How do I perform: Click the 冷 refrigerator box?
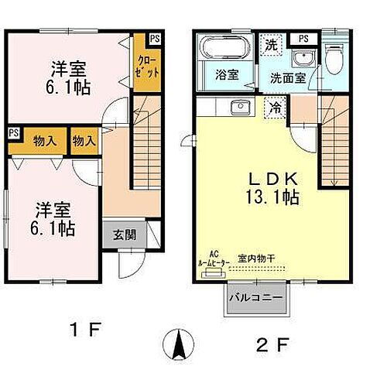(x=276, y=108)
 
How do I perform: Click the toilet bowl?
(x=334, y=57)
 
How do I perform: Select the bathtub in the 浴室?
(x=222, y=49)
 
